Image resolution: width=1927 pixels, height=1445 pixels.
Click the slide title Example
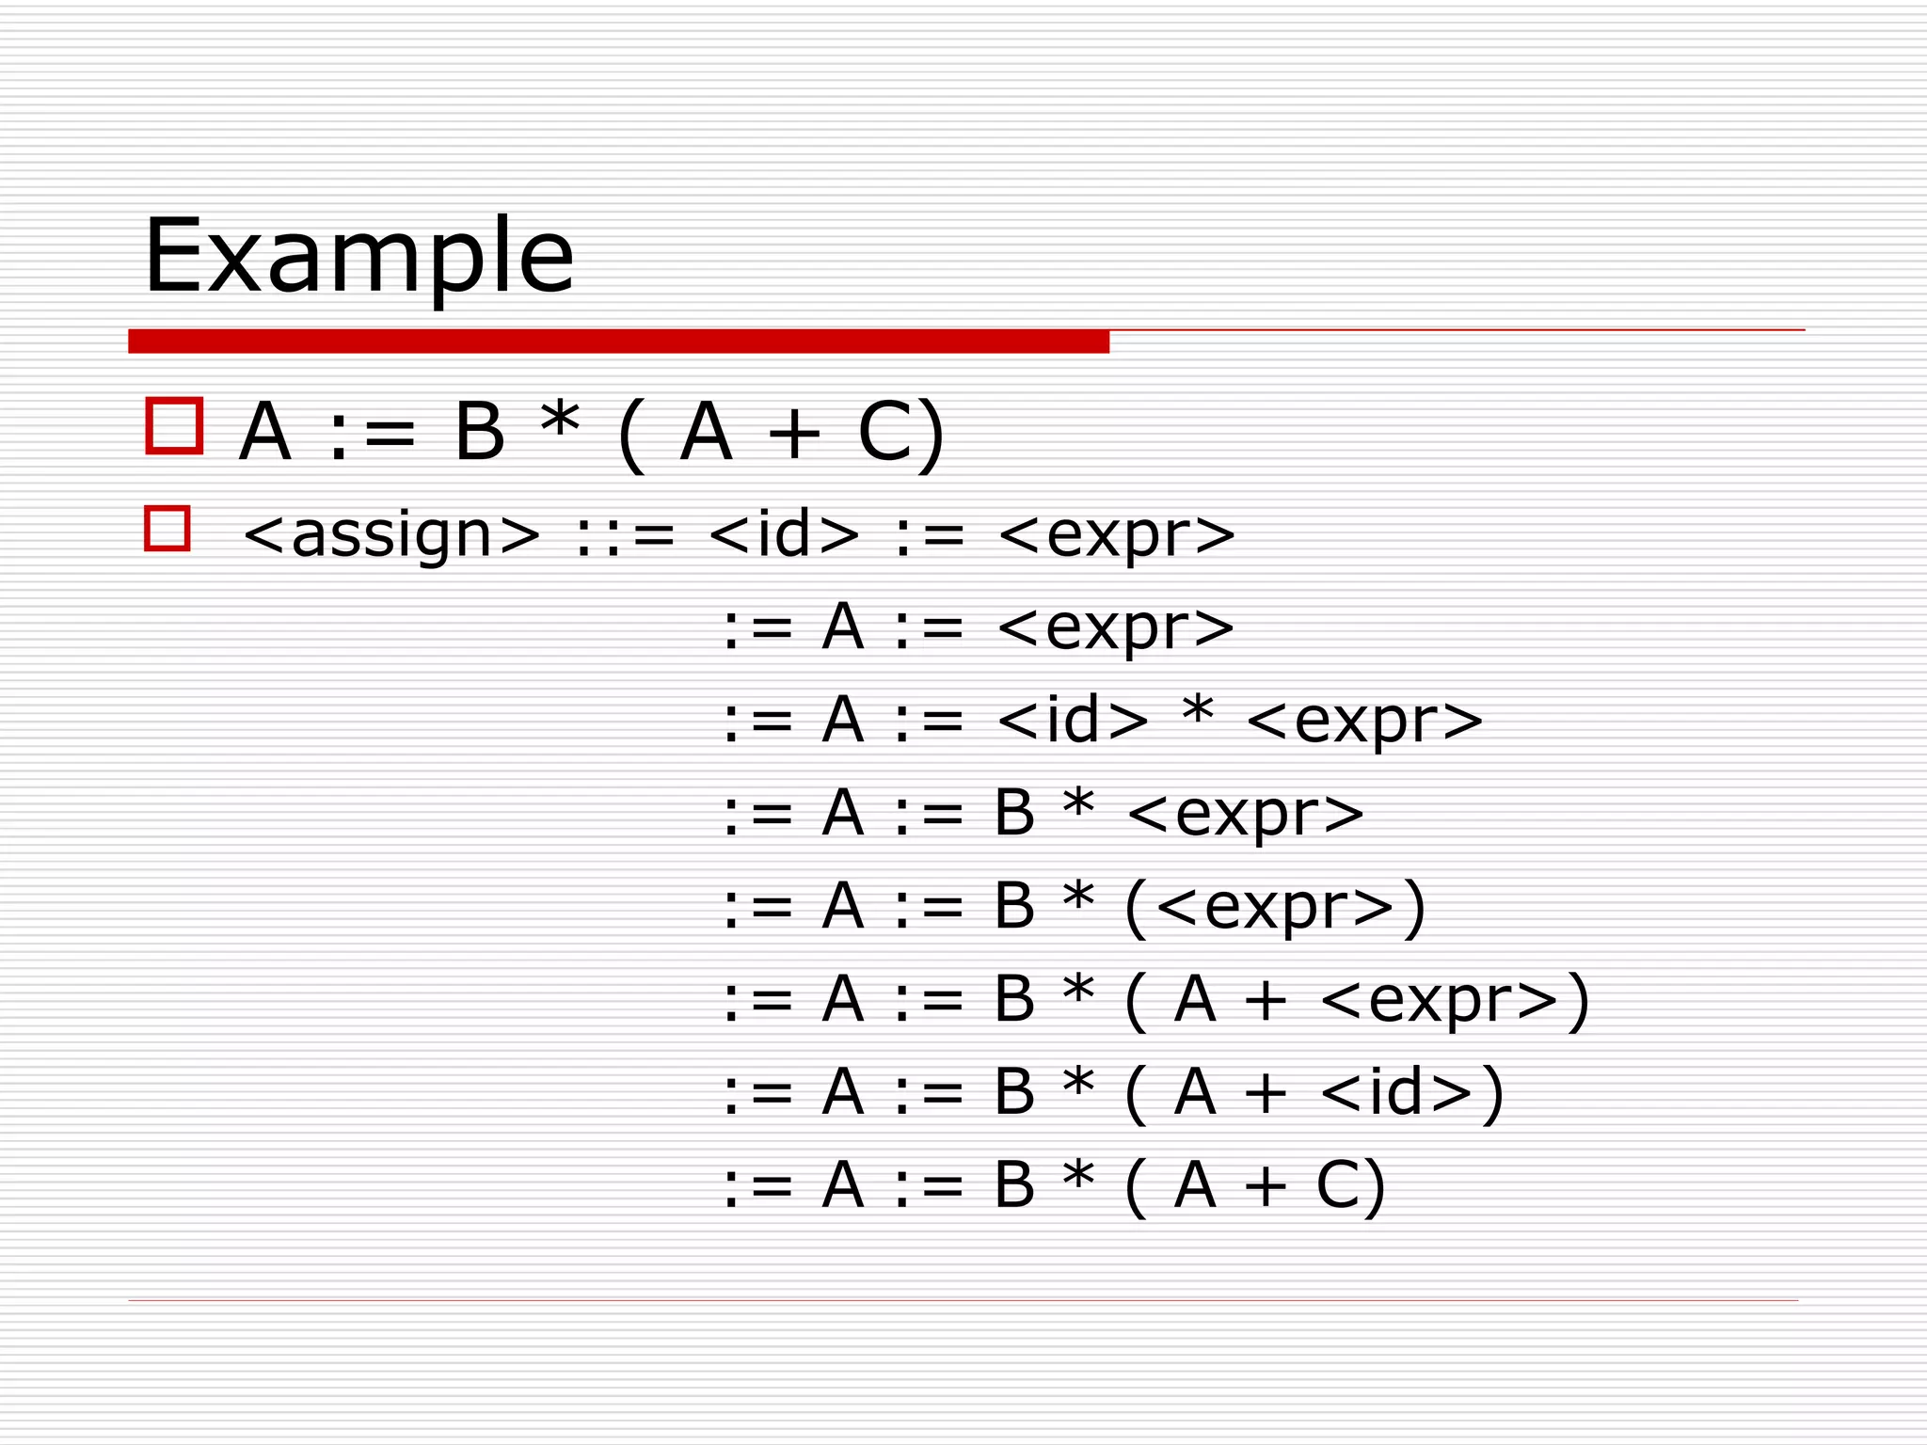[358, 256]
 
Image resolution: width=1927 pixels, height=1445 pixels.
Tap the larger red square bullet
[174, 426]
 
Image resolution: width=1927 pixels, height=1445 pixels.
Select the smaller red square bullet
[167, 528]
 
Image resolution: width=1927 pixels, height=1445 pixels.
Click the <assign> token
[391, 535]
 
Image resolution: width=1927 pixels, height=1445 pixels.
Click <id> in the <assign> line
[784, 533]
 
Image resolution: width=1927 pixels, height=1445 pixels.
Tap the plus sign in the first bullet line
[794, 434]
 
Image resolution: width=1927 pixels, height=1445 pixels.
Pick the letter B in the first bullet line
[480, 432]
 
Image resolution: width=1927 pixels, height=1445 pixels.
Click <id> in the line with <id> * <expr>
[1073, 720]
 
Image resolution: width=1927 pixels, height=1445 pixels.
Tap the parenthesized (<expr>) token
[1275, 907]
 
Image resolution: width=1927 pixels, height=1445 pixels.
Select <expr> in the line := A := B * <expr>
[1245, 814]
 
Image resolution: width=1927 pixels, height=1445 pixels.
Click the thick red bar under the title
[618, 341]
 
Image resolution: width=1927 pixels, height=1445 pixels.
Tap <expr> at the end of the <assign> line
[1116, 535]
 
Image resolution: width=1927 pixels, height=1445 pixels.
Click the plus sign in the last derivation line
[1266, 1186]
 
